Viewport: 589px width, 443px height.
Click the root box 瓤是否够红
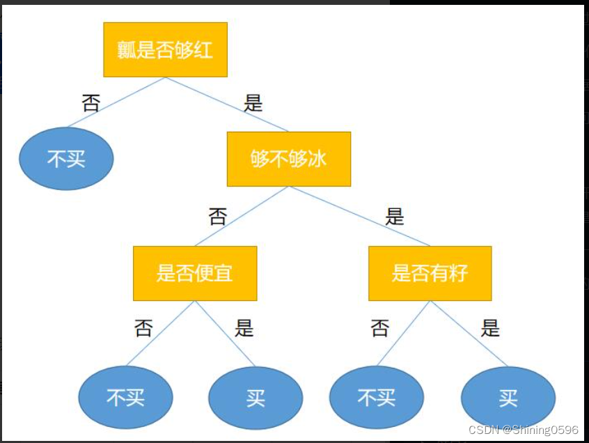165,49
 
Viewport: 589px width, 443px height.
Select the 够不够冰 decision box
289,159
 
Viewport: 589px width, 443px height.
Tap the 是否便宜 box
195,273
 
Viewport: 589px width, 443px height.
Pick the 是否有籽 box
430,273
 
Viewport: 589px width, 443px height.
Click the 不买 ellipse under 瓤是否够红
66,159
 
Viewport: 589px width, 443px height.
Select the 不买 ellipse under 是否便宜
125,397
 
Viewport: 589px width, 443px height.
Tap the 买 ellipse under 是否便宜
256,397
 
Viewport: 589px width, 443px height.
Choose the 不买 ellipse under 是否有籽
376,397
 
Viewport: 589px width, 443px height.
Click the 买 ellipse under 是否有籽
508,398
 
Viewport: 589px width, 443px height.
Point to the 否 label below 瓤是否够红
91,104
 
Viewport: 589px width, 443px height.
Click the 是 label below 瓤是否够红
253,104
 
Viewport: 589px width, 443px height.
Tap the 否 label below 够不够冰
218,217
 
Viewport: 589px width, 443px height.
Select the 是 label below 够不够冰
394,217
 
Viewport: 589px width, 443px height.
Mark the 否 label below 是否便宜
143,328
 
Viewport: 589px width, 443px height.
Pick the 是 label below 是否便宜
244,328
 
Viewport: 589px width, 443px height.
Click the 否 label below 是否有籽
380,328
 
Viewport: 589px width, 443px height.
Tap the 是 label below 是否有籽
490,328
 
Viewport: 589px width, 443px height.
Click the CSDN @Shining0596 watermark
523,430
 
